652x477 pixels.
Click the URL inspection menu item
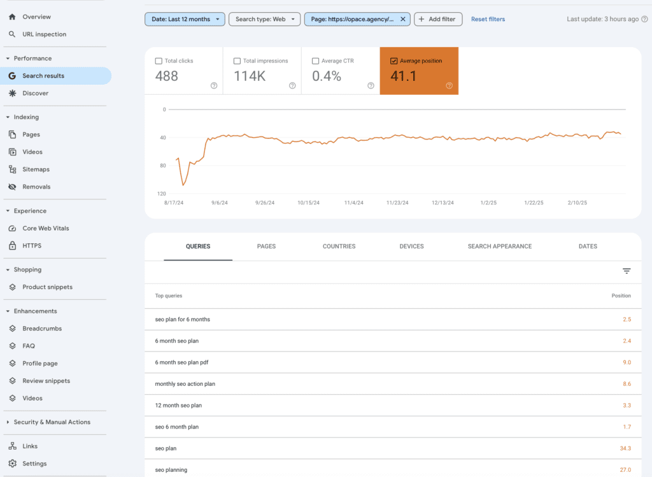coord(44,34)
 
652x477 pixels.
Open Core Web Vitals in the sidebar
coord(45,228)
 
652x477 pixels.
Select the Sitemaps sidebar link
coord(36,169)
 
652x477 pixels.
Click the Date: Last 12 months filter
coord(185,19)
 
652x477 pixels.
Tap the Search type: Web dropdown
coord(264,19)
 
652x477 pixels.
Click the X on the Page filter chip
coord(402,19)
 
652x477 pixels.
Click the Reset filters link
coord(488,19)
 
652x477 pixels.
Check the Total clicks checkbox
coord(159,61)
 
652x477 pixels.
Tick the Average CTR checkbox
coord(315,61)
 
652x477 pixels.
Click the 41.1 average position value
coord(403,76)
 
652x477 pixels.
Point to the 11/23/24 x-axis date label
coord(397,203)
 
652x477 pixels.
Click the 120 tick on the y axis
coord(161,194)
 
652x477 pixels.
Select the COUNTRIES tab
coord(339,246)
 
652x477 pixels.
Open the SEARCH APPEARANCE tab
coord(499,246)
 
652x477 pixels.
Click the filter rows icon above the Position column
coord(627,271)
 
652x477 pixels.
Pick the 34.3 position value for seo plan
coord(625,448)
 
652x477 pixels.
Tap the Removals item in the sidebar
coord(36,187)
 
